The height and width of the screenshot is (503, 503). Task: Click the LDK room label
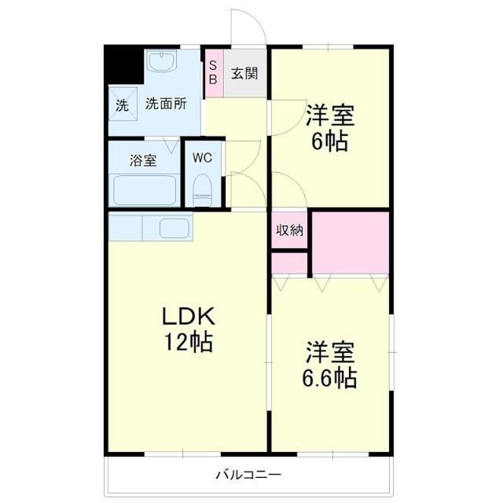pos(188,316)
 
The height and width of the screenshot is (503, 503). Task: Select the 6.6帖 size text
pos(330,377)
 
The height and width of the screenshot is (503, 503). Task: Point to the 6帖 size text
pos(330,142)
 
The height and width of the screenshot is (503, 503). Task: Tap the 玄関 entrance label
pos(244,73)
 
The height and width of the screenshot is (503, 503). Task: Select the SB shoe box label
pos(212,73)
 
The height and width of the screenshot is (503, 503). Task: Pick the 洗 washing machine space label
pos(122,105)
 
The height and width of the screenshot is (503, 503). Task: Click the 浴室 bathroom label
pos(143,161)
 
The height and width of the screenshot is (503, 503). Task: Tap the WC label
pos(203,157)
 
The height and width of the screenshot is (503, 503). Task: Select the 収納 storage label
pos(289,230)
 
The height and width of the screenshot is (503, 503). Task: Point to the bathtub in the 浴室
pos(145,189)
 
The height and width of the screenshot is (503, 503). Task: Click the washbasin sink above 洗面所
pos(163,63)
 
